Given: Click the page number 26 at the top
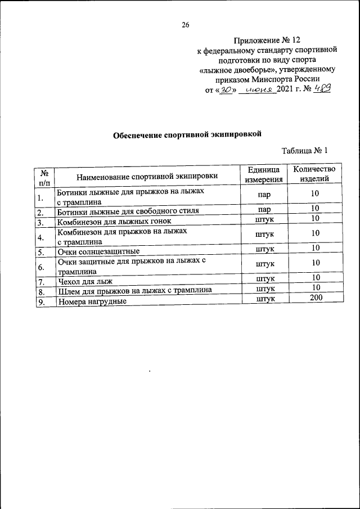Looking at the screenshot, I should point(186,25).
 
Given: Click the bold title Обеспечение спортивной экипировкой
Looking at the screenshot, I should point(188,134).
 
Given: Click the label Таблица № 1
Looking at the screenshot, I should point(304,151).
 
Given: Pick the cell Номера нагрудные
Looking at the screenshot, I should point(92,302).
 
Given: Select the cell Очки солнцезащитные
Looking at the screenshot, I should point(98,251).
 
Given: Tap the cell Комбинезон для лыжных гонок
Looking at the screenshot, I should point(114,222).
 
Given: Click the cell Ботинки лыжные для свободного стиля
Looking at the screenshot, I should point(128,212).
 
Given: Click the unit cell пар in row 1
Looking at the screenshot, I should point(264,194).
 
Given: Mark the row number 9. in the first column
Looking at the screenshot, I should point(40,302).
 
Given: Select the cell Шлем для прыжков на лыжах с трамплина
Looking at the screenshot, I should point(134,291).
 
